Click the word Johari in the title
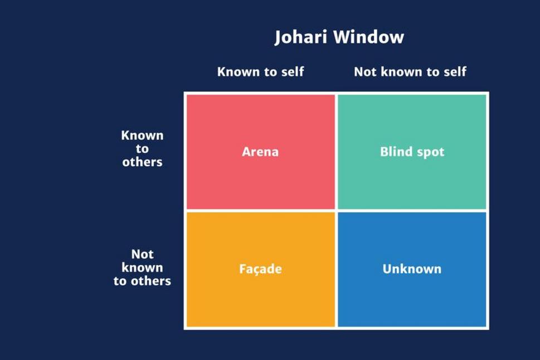click(301, 37)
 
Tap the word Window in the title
click(369, 37)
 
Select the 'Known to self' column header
click(260, 72)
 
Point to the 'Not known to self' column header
click(410, 72)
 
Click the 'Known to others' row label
click(142, 148)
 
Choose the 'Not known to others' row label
click(142, 267)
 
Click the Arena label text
click(260, 152)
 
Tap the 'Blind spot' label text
click(412, 152)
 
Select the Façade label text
click(260, 269)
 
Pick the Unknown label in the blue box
click(412, 269)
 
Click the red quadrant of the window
click(261, 152)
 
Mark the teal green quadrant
click(412, 152)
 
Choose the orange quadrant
click(261, 269)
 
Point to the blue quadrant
click(412, 269)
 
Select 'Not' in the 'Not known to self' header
click(365, 72)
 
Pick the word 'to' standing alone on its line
click(142, 149)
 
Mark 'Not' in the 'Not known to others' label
click(142, 254)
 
